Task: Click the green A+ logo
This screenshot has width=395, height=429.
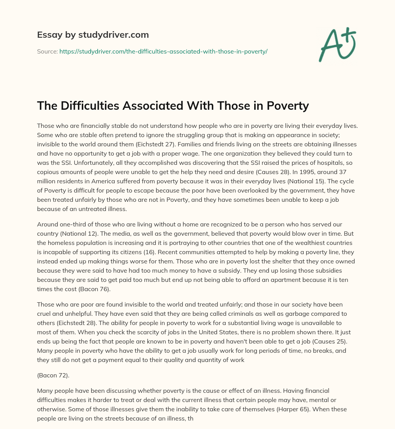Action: click(337, 44)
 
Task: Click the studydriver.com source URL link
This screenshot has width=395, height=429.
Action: click(163, 51)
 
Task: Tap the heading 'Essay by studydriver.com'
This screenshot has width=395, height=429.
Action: click(93, 35)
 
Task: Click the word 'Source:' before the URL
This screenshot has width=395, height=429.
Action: click(47, 51)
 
